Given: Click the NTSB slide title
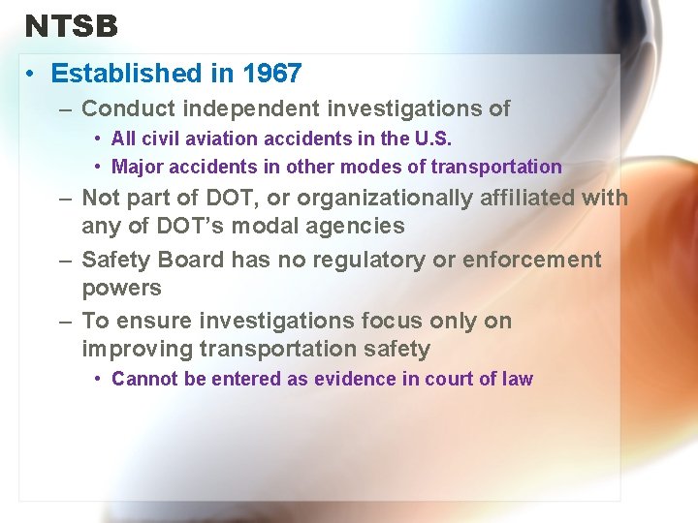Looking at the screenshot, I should click(x=72, y=26).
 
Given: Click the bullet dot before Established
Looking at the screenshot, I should click(x=32, y=74).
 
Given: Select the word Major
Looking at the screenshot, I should click(x=137, y=167).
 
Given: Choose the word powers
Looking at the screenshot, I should click(x=121, y=288).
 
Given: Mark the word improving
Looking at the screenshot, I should click(x=137, y=349).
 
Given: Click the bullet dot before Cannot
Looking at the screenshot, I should click(x=100, y=379).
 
